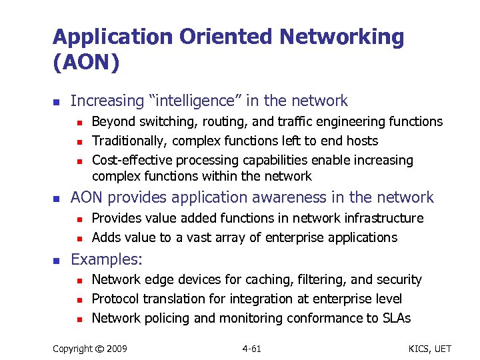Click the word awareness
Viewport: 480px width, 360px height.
click(296, 197)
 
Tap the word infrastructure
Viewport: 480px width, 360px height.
click(382, 218)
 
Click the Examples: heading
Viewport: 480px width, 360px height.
click(106, 259)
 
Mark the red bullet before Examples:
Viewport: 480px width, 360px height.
click(57, 259)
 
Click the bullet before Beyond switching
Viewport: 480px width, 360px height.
click(79, 122)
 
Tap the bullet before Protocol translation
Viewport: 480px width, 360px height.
click(79, 299)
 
